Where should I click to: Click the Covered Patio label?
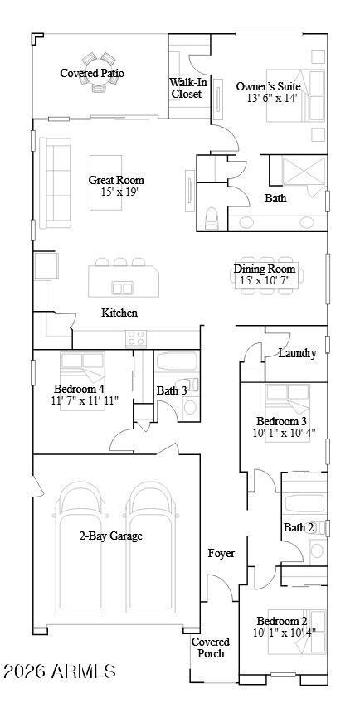coord(92,74)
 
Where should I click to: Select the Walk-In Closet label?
coord(186,88)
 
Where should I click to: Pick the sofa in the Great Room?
coord(57,182)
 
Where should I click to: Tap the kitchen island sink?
coord(123,288)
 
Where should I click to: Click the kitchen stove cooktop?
coord(135,337)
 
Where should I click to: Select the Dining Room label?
coord(264,269)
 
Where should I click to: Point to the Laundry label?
coord(297,353)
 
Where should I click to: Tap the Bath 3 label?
coord(173,390)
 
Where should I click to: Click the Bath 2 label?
coord(299,527)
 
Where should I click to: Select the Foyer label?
coord(221,553)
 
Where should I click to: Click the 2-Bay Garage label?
coord(110,536)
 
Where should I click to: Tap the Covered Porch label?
coord(211,647)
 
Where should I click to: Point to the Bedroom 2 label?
coord(282,622)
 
